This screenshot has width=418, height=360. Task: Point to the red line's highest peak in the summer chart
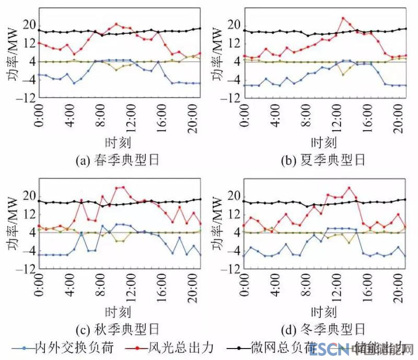point(343,18)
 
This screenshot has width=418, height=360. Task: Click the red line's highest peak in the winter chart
point(349,188)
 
